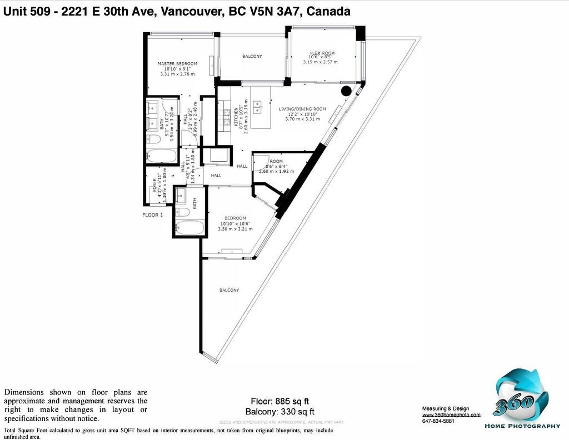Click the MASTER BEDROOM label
(177, 64)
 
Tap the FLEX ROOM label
(322, 53)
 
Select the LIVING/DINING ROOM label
(302, 109)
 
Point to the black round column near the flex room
(346, 91)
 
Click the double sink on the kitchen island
(258, 104)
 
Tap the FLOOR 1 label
(152, 215)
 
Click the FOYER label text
(155, 183)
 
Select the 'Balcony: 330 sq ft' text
(279, 412)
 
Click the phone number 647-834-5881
(438, 421)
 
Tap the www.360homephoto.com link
(451, 414)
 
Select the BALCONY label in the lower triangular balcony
(229, 291)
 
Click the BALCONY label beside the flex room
(252, 57)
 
